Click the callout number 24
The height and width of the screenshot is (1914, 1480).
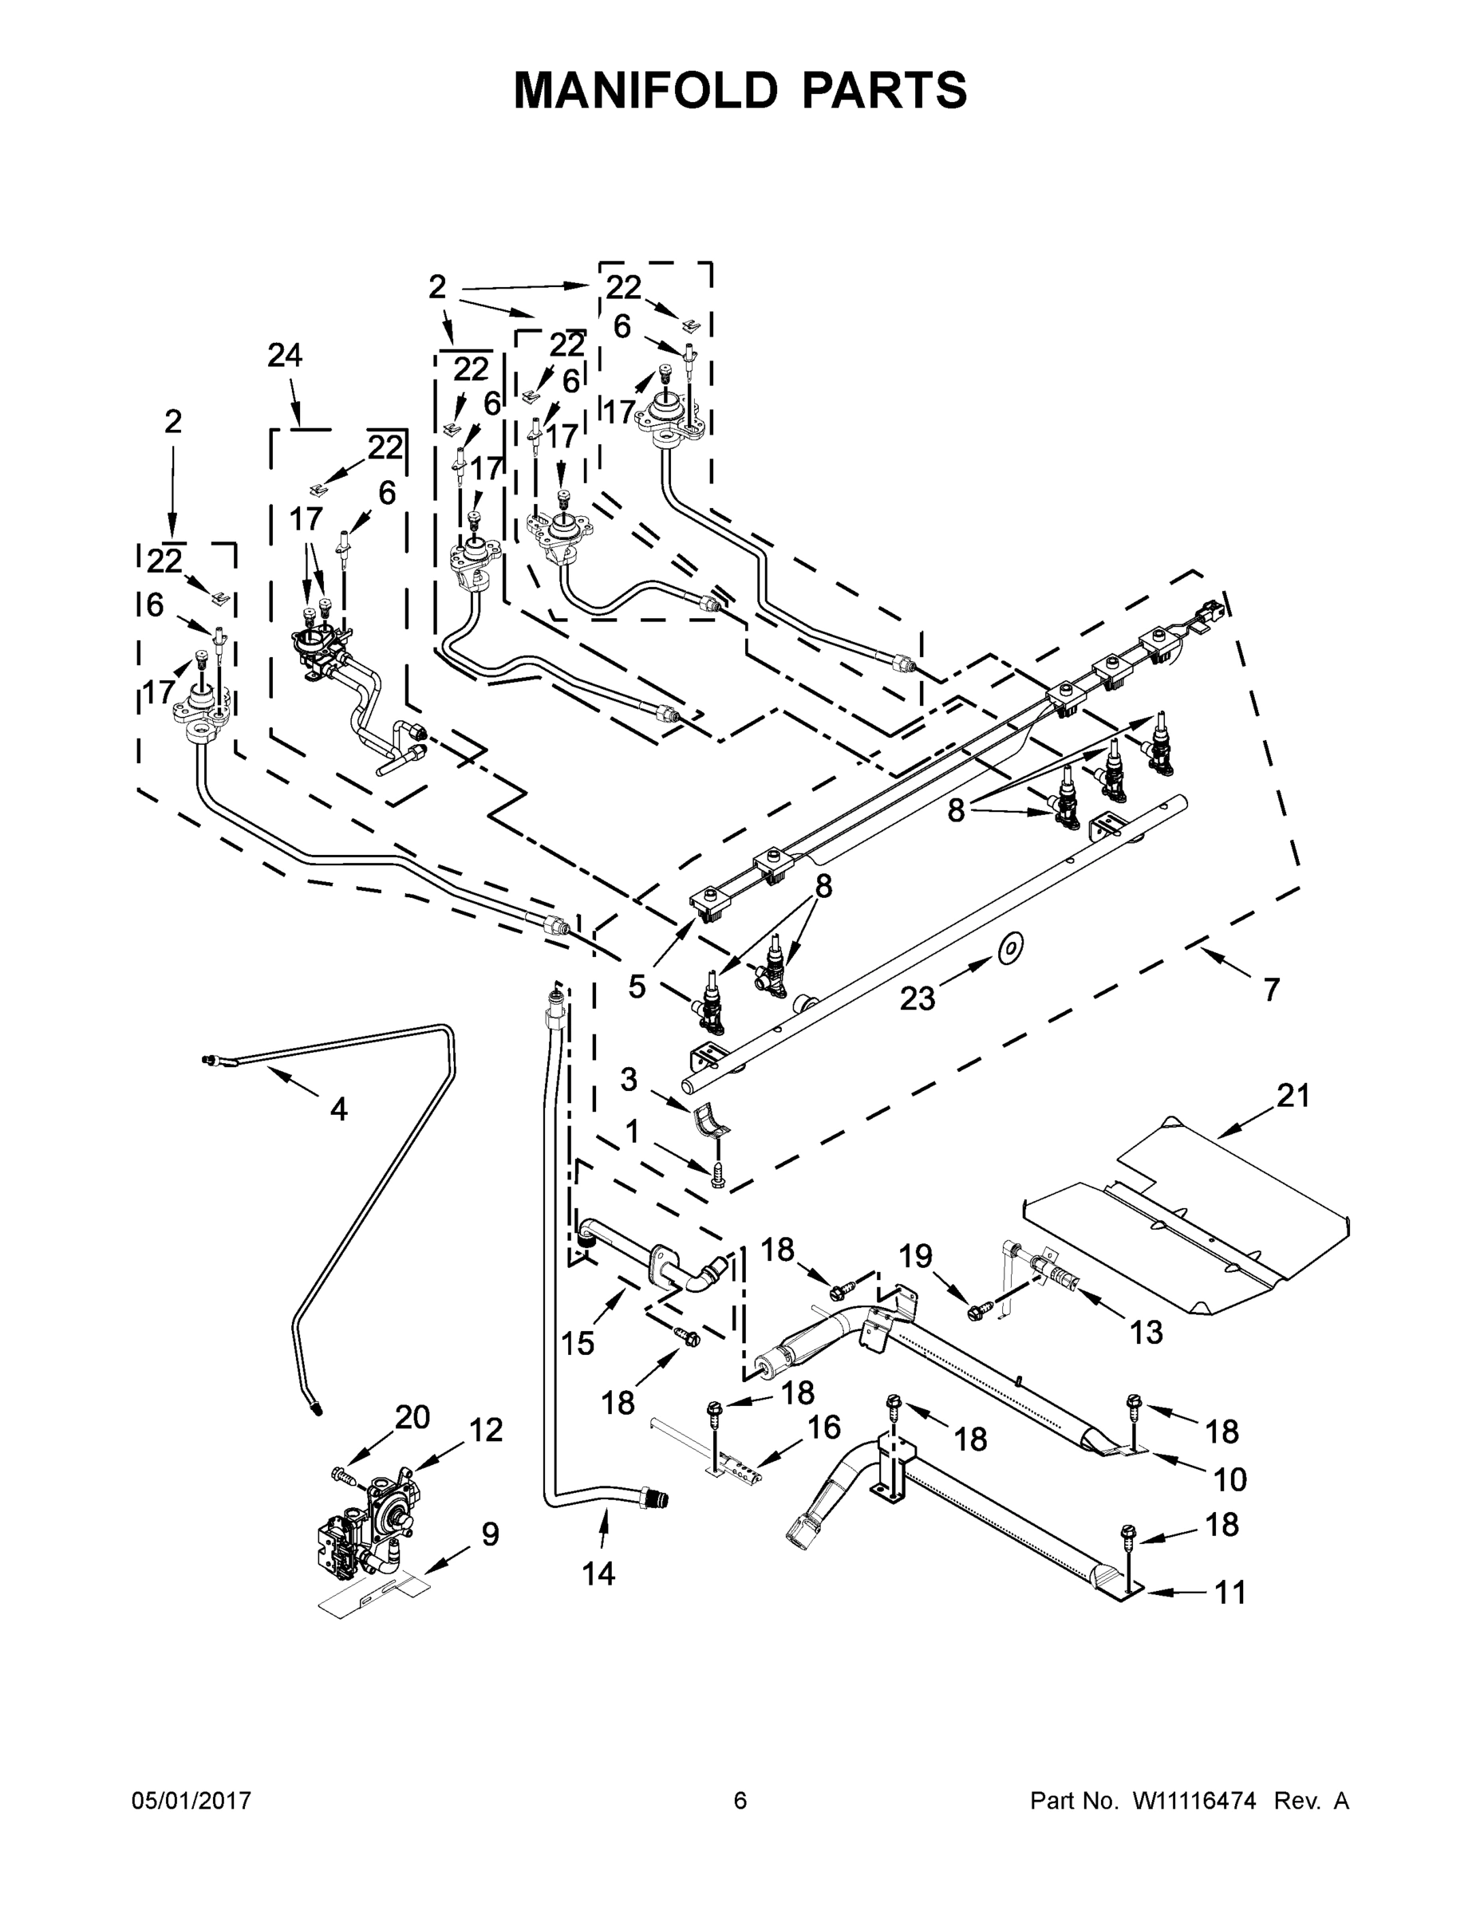click(x=284, y=356)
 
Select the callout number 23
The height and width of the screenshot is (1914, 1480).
click(x=917, y=998)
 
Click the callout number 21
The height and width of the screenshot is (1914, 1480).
click(x=1293, y=1096)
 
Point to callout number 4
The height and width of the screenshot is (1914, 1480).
click(x=338, y=1109)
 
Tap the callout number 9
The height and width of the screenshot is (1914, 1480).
click(x=490, y=1534)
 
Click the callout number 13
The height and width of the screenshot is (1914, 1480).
click(x=1146, y=1332)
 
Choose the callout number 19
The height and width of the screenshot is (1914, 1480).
click(x=915, y=1257)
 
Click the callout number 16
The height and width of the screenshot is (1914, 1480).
click(x=823, y=1427)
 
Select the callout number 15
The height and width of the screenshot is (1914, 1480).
click(x=578, y=1344)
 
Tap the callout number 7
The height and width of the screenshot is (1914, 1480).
click(x=1271, y=990)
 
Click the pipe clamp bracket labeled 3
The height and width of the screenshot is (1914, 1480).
click(x=712, y=1122)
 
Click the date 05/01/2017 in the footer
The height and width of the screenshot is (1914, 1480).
click(x=191, y=1801)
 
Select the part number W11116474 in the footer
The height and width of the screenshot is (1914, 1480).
click(x=1194, y=1801)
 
